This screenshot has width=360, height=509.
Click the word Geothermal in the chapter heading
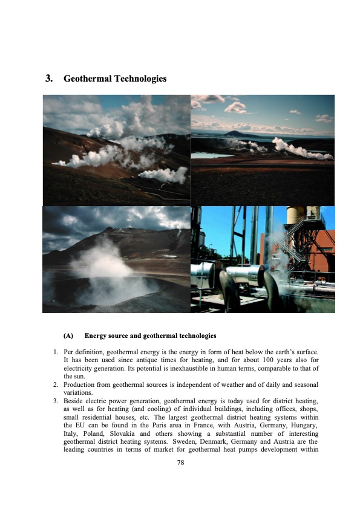point(86,79)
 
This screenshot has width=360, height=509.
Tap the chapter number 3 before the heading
point(48,79)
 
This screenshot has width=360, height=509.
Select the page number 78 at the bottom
point(180,462)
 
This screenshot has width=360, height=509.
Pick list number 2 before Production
point(55,384)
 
